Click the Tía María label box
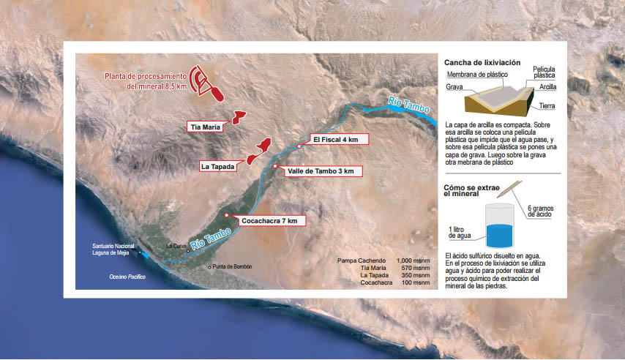click(x=205, y=127)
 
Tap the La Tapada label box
click(x=217, y=167)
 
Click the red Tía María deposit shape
click(x=239, y=118)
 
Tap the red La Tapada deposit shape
click(x=258, y=151)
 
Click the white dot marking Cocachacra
click(x=226, y=215)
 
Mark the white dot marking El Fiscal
click(x=299, y=147)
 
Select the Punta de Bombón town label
click(x=232, y=267)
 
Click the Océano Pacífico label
click(x=127, y=277)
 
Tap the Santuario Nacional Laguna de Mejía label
click(x=113, y=250)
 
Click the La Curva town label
click(x=176, y=247)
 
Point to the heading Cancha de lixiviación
click(x=482, y=63)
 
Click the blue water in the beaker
click(x=499, y=236)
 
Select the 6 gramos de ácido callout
click(x=540, y=211)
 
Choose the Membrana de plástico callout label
click(x=477, y=75)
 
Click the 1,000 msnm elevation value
click(x=413, y=260)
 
